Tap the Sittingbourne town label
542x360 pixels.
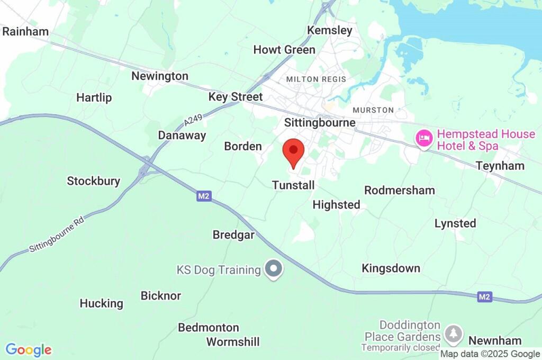pos(320,123)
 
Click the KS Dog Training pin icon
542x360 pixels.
pos(274,269)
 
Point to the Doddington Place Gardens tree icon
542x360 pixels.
pos(453,334)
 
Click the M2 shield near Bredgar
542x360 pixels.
pos(204,196)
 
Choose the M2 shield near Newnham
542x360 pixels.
pos(484,297)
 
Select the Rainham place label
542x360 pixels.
pos(25,31)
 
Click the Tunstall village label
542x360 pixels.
pos(293,185)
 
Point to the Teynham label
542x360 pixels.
pos(500,166)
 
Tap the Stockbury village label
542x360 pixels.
pos(93,181)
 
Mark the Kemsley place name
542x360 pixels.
pos(330,30)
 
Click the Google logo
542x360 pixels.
pos(29,350)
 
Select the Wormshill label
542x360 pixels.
pos(233,341)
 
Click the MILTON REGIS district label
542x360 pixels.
pos(316,79)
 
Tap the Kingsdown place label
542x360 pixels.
pos(391,268)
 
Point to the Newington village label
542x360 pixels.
pos(160,76)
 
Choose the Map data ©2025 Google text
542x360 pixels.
pos(490,354)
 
